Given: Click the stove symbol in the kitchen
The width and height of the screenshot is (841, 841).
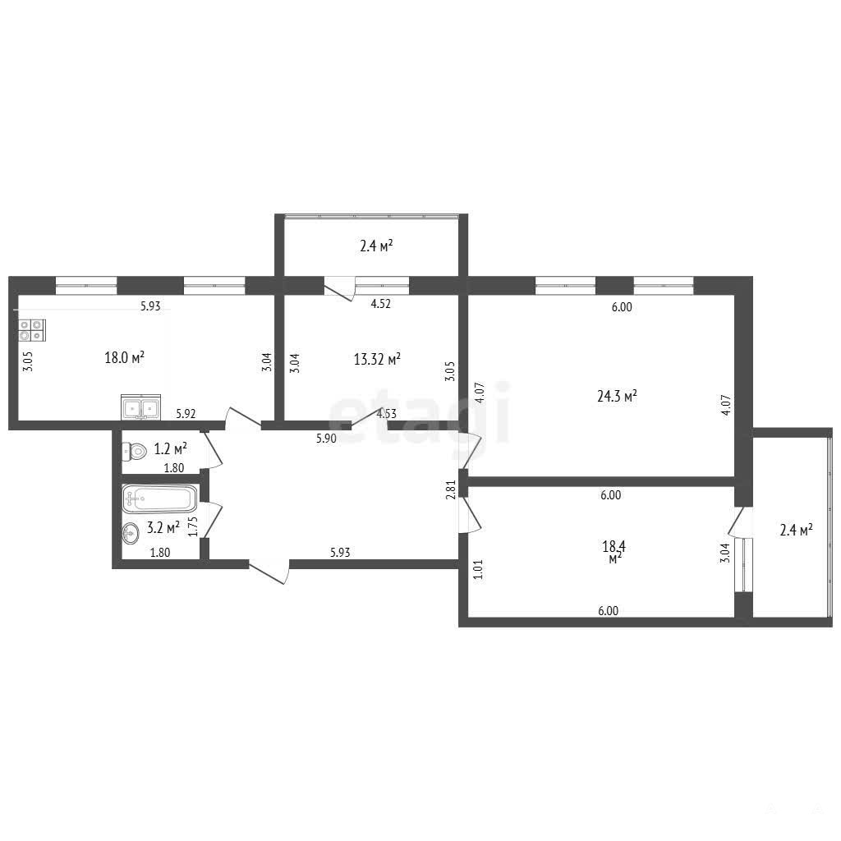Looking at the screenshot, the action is tap(32, 330).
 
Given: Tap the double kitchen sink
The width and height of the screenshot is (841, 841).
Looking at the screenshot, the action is tap(141, 407).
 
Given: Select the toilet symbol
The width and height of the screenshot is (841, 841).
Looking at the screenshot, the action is tap(135, 451).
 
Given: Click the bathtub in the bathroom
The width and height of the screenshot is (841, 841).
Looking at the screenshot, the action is tap(160, 499).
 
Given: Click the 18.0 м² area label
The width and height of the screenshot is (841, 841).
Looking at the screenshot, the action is tap(125, 358).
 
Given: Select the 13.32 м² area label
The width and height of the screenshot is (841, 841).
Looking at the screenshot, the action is tap(377, 359).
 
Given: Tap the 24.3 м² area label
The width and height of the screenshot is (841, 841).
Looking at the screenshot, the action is tap(617, 397).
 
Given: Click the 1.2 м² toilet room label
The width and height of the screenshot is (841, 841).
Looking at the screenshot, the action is tap(171, 448).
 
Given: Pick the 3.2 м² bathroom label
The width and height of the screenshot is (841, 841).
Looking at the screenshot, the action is tap(163, 527).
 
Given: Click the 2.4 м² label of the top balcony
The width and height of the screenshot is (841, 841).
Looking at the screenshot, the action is tap(376, 246).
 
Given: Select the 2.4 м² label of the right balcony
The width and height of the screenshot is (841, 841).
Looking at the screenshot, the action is tap(797, 531).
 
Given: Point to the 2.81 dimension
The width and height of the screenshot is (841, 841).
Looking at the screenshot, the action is tap(451, 489).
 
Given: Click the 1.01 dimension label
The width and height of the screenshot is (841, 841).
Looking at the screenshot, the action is tap(479, 570).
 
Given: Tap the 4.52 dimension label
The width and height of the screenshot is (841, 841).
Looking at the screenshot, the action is tap(381, 304).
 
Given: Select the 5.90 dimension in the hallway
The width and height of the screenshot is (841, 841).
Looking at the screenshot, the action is tap(326, 439).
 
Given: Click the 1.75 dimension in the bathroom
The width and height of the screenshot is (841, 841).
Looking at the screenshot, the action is tap(193, 526).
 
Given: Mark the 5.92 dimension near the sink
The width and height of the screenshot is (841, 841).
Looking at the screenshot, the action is tap(186, 414).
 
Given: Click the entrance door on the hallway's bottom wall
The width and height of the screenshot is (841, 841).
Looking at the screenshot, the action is tap(269, 572).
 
